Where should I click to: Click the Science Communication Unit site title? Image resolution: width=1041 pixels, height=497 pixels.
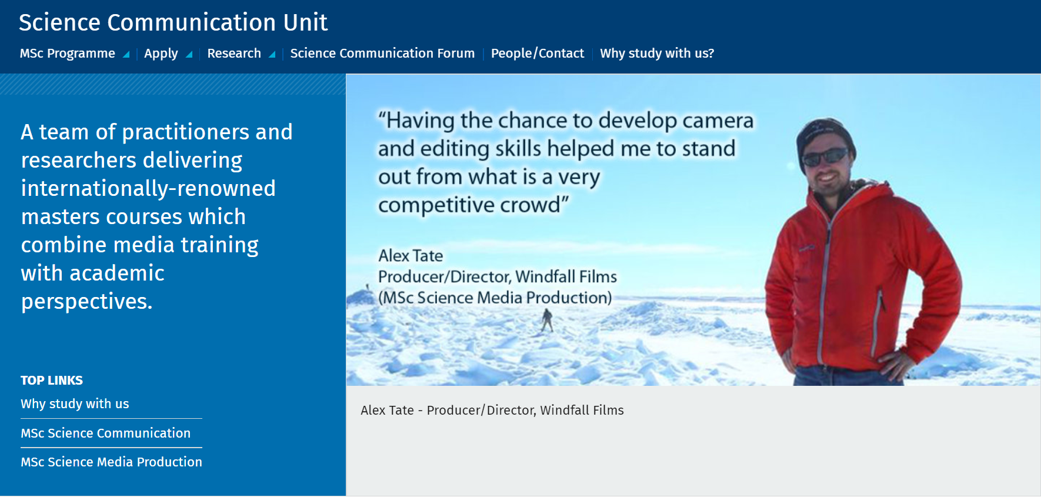[173, 22]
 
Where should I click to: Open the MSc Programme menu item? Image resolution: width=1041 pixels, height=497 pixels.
[68, 54]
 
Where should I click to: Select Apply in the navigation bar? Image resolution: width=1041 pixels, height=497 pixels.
[161, 54]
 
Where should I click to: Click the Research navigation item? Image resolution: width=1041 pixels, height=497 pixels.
[234, 54]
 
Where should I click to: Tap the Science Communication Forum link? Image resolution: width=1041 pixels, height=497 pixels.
[382, 54]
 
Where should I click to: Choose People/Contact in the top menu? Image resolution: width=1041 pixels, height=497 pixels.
[538, 54]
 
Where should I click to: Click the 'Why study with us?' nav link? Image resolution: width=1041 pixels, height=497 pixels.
[657, 54]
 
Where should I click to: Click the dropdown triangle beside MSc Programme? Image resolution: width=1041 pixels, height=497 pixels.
[126, 55]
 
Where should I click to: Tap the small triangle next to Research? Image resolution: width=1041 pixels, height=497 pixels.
[272, 55]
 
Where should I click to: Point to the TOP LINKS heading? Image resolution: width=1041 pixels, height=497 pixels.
[52, 381]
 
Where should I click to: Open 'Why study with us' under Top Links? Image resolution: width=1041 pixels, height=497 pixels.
[75, 404]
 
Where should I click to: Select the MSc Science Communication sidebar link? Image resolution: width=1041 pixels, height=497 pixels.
[106, 433]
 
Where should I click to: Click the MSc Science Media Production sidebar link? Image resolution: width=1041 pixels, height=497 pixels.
[111, 462]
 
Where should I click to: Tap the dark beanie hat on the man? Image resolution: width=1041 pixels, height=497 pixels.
[823, 135]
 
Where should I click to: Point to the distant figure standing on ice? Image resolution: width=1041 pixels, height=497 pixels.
[548, 321]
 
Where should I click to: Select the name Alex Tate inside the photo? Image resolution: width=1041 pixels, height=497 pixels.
[411, 256]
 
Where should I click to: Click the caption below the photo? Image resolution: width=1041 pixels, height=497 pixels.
[492, 411]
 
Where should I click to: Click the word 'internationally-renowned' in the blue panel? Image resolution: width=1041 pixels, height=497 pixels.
[148, 188]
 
